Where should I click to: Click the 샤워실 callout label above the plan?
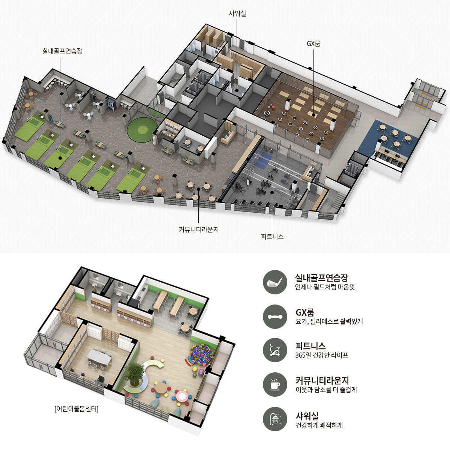[237, 14]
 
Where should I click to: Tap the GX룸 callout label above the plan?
[313, 43]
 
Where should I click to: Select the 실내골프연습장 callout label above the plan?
[62, 51]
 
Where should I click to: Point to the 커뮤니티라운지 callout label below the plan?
[198, 229]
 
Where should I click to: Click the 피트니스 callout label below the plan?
[272, 237]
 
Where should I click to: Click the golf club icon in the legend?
[275, 282]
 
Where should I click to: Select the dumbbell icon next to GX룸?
[275, 316]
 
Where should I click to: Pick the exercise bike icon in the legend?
[275, 351]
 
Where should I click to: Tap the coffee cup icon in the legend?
[275, 384]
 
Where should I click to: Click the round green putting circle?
[142, 130]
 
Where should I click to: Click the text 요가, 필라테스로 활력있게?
[329, 321]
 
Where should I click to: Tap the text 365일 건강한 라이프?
[321, 355]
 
